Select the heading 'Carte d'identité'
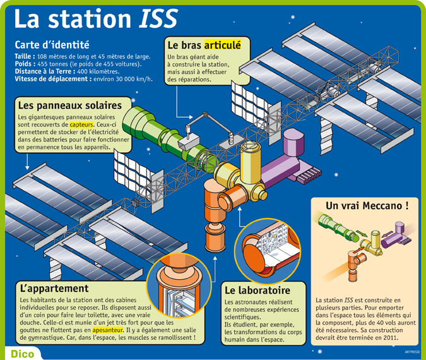pos(52,45)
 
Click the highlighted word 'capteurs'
pos(81,125)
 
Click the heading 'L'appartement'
pos(50,287)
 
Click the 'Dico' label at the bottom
pos(21,352)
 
